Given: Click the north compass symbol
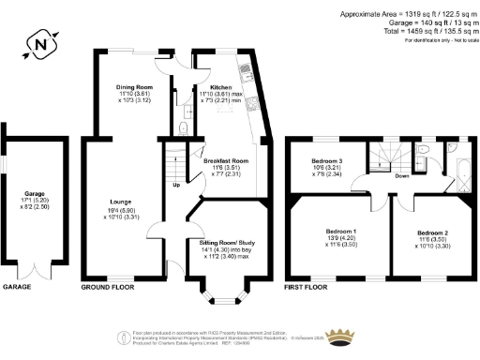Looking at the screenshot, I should coord(38,42).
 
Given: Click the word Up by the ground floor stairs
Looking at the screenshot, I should coord(174,184).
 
